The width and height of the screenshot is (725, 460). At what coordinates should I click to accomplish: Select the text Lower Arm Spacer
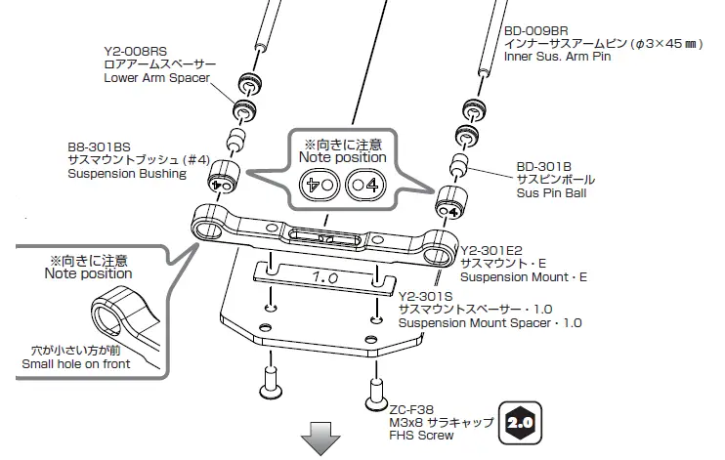point(156,78)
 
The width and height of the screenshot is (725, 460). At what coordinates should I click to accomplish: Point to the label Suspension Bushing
point(126,173)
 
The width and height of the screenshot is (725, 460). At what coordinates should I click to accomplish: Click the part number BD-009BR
point(536,30)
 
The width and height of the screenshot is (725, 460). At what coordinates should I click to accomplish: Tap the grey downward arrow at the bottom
point(321,440)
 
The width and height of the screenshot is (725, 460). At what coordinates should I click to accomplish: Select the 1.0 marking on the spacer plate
point(323,277)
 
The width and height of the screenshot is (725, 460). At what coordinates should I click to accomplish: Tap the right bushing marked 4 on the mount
point(449,205)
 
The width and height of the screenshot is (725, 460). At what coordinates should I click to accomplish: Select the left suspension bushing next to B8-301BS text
point(221,180)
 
